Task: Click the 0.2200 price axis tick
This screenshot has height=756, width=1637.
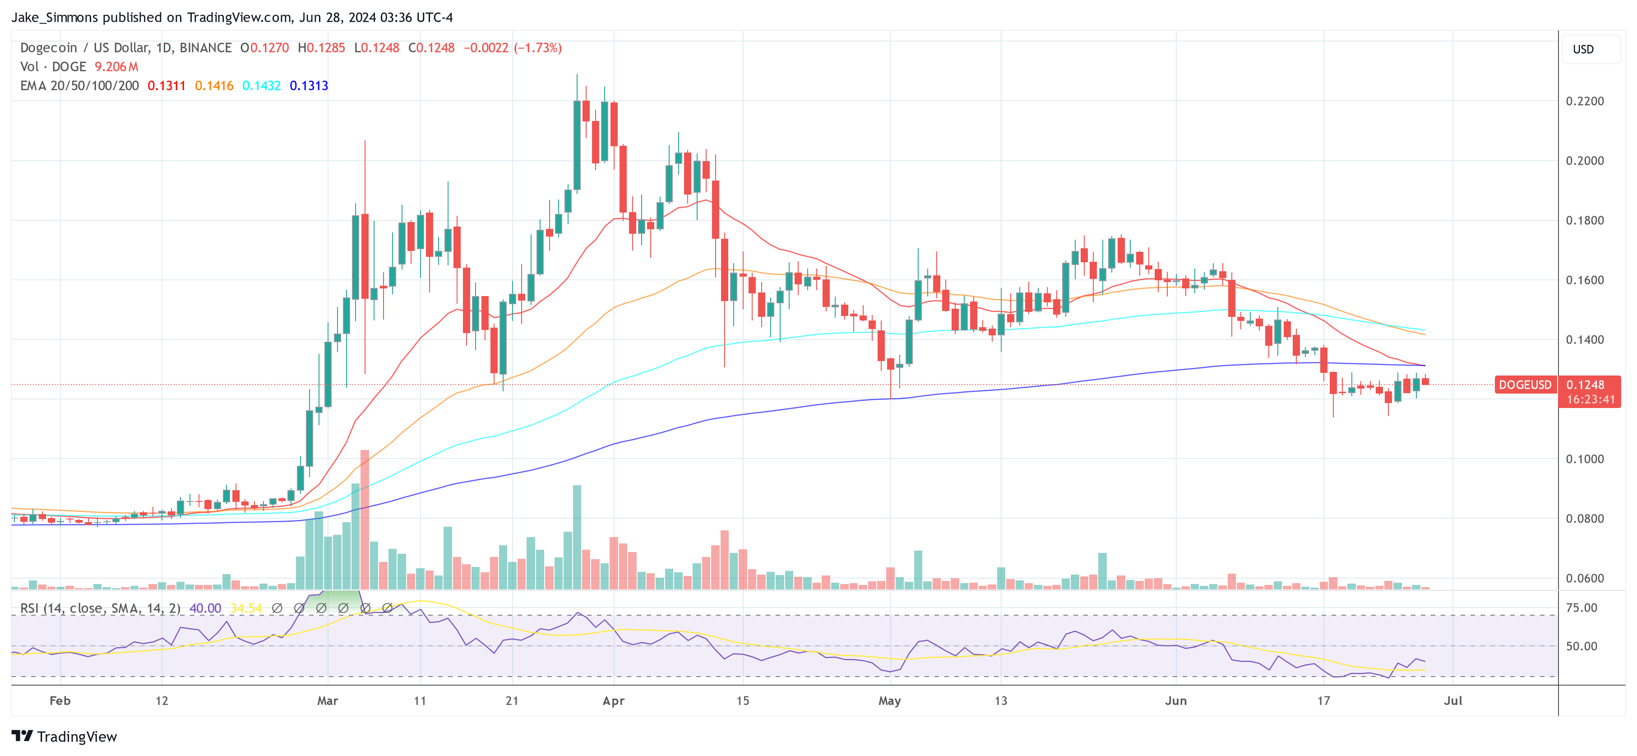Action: click(x=1584, y=101)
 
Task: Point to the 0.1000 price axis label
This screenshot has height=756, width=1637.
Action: click(x=1584, y=459)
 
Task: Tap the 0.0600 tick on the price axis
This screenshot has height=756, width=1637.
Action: click(x=1584, y=579)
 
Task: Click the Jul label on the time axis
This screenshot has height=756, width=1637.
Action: click(x=1453, y=700)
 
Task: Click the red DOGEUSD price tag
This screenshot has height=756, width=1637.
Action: click(x=1525, y=385)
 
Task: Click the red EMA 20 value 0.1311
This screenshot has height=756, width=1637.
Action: click(x=166, y=86)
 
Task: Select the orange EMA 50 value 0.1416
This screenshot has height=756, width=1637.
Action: click(x=214, y=86)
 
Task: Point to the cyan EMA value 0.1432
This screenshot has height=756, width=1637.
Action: click(x=261, y=86)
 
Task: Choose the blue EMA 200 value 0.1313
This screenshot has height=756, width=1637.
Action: click(x=309, y=86)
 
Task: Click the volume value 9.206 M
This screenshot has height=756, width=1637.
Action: click(x=116, y=67)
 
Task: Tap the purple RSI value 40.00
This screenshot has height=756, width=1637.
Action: click(x=205, y=608)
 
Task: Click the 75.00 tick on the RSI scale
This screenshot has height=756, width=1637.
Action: click(x=1581, y=608)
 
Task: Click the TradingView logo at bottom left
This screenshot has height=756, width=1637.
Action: click(x=64, y=736)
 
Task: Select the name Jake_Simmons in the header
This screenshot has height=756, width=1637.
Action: click(x=55, y=17)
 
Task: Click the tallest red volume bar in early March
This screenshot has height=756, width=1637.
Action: click(x=365, y=518)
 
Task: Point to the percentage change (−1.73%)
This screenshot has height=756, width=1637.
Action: click(x=537, y=48)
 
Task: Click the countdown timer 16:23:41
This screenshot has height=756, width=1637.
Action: click(x=1590, y=400)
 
